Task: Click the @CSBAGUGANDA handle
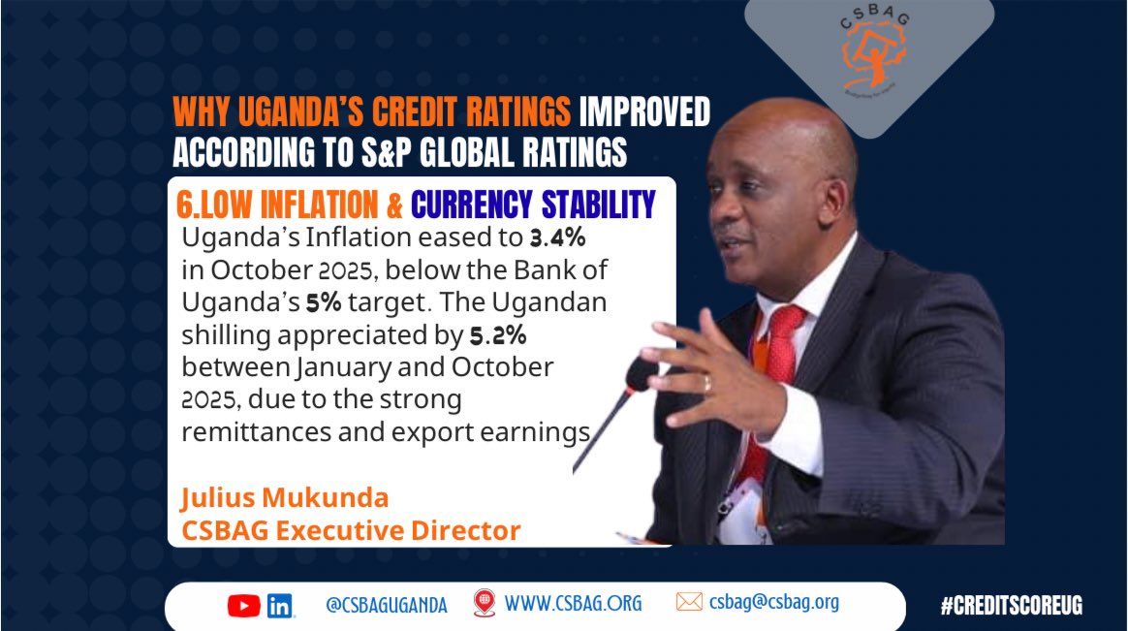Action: (387, 605)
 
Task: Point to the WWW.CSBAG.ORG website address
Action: (572, 603)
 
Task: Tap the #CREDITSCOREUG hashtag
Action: (1011, 606)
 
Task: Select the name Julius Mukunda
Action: (284, 498)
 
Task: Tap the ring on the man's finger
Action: (706, 383)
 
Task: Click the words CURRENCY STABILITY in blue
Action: (533, 204)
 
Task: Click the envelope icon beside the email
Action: (689, 602)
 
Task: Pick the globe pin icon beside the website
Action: (484, 603)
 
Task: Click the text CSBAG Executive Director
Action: (350, 530)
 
